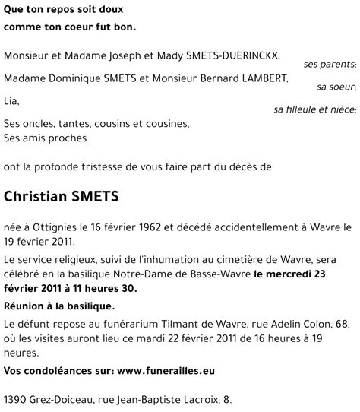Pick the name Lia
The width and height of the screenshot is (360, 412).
[11, 100]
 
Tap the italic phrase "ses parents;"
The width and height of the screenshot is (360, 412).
[330, 65]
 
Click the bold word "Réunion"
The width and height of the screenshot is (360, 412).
[27, 306]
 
